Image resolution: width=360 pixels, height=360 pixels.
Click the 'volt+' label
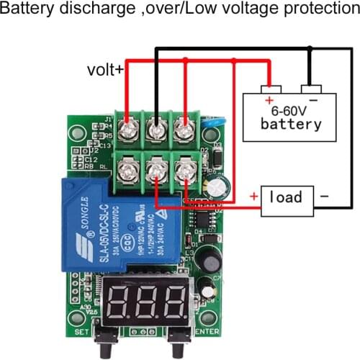105,70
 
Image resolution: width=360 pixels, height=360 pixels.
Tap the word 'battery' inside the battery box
291,125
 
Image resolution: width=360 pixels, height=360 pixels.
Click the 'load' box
287,197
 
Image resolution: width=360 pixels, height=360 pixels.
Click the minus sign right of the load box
323,196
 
